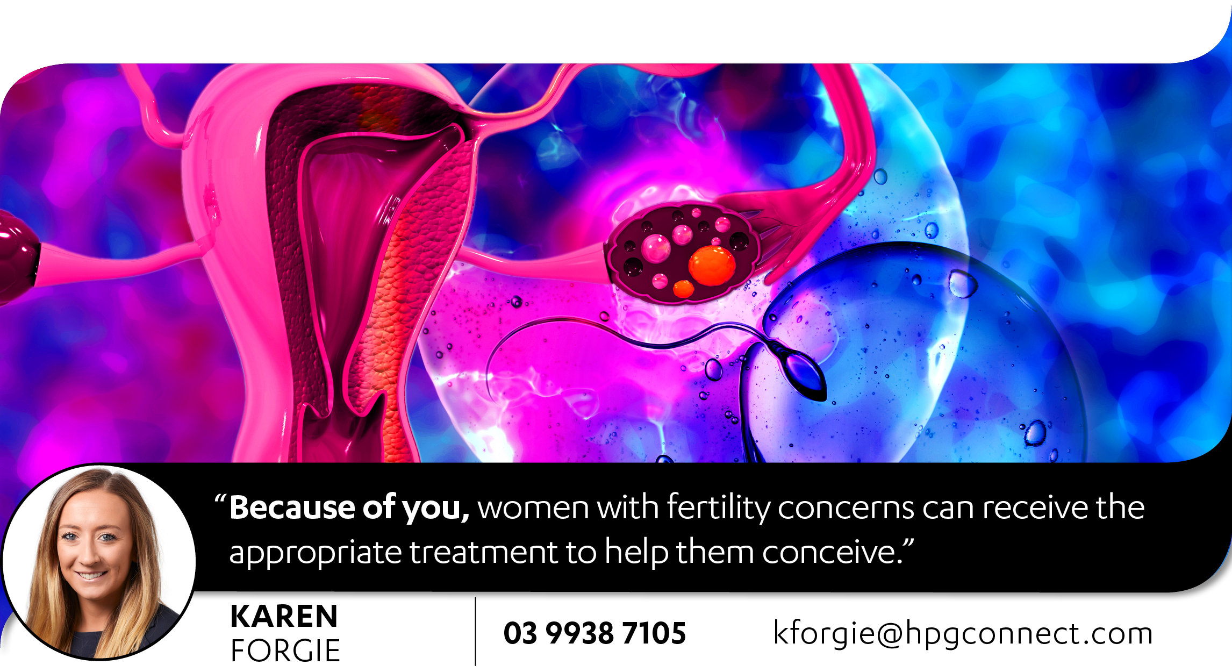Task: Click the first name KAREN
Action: [284, 616]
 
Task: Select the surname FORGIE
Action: [285, 650]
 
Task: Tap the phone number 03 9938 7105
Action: [594, 633]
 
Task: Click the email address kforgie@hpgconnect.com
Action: [963, 633]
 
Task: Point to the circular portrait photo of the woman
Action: [99, 562]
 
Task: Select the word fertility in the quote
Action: [719, 508]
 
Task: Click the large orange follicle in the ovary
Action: [712, 265]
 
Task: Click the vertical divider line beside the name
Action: [476, 631]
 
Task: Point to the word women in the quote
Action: [533, 508]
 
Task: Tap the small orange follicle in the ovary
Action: [683, 289]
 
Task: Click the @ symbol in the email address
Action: [890, 634]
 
